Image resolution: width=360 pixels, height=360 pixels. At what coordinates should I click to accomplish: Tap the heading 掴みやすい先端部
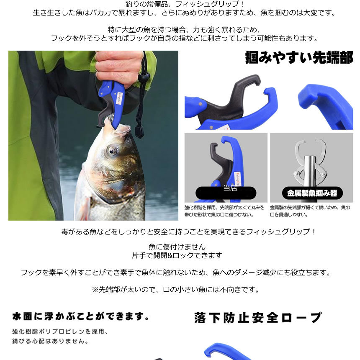(299, 57)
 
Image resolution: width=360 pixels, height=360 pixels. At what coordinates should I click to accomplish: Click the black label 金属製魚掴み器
(312, 193)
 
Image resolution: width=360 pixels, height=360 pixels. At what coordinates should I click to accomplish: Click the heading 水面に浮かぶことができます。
(81, 316)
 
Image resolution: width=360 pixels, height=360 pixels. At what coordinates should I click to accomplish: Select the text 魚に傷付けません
(177, 247)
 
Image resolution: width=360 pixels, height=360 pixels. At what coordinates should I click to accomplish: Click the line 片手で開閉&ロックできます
(177, 255)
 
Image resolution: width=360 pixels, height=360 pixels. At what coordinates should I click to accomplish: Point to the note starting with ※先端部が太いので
(175, 289)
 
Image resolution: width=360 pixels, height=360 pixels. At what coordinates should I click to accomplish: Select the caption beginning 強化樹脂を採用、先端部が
(224, 211)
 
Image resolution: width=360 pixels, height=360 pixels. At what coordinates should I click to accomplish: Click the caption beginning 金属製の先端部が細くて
(310, 211)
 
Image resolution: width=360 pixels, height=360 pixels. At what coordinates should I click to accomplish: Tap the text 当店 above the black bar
(230, 188)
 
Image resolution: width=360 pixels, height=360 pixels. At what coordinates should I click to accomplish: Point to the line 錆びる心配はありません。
(50, 341)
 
